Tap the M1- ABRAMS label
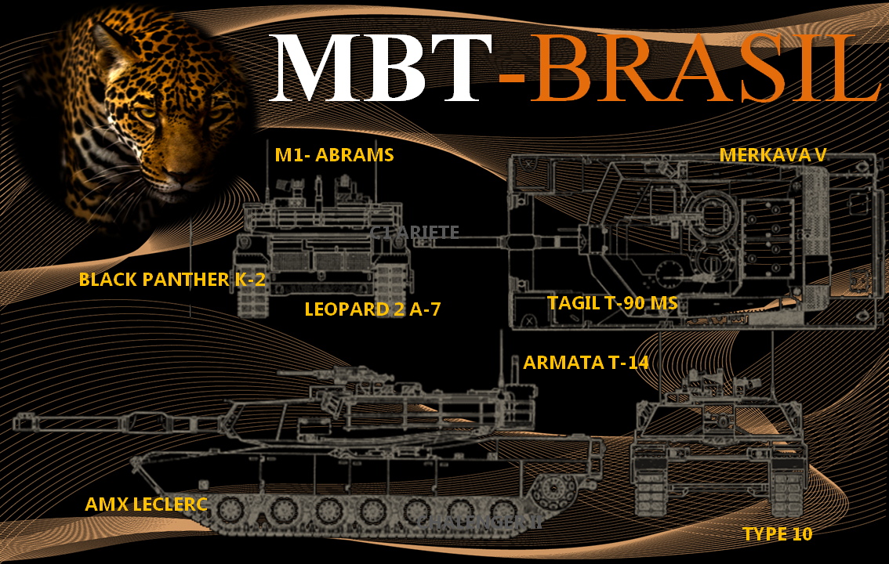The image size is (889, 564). (334, 155)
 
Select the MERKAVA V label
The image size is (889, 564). (772, 155)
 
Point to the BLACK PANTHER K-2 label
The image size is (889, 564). (172, 280)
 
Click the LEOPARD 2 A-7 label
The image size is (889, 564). (372, 309)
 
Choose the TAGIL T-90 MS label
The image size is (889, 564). (611, 303)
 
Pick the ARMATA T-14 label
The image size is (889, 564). (586, 363)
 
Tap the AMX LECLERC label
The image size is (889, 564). (146, 504)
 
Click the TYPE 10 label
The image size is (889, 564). (777, 534)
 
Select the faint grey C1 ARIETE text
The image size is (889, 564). (415, 231)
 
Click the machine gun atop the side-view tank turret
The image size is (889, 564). (345, 374)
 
